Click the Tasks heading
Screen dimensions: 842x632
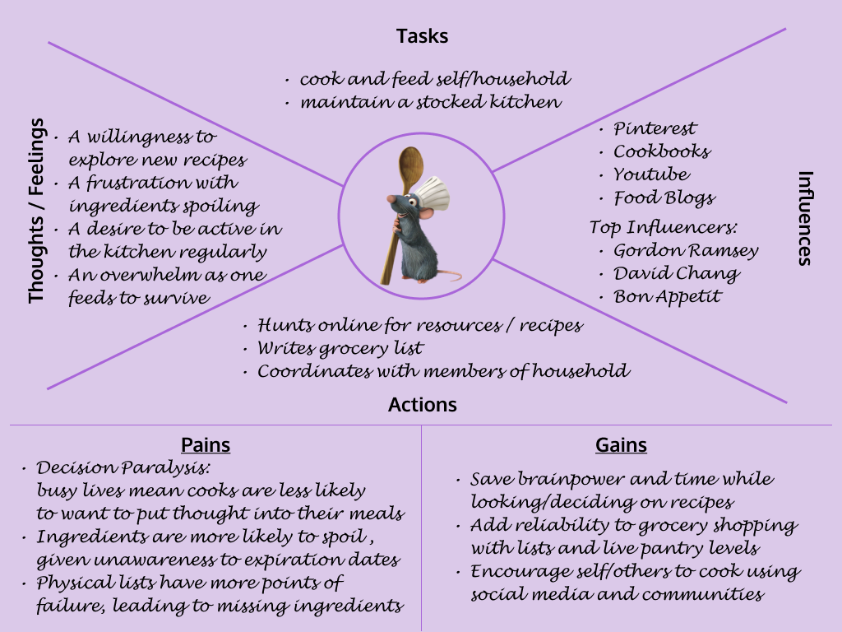[422, 36]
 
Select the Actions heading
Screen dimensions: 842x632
[422, 405]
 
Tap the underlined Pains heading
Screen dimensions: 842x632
[206, 445]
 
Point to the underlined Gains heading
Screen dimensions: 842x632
[621, 445]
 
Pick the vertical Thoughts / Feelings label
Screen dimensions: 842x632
[36, 211]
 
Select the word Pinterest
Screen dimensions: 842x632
[655, 128]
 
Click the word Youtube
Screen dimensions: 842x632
[651, 174]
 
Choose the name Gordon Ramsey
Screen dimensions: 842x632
[686, 250]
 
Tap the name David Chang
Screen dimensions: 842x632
[677, 273]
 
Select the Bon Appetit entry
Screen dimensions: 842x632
[668, 296]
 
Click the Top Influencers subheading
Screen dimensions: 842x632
[663, 227]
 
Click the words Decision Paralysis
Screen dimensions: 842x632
[123, 467]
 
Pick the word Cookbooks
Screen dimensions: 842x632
[662, 151]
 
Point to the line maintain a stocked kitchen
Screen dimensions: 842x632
[430, 103]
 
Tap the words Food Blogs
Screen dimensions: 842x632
[664, 197]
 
